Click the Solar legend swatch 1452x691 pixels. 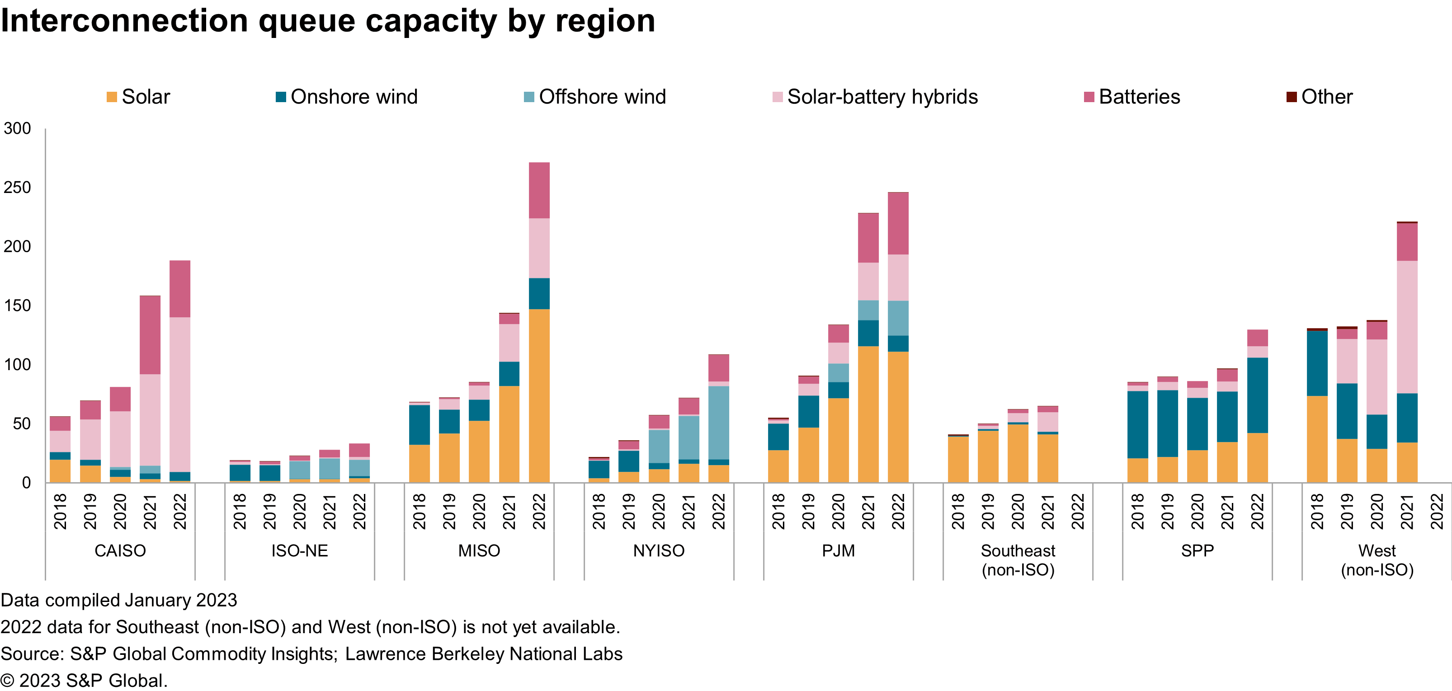coord(112,97)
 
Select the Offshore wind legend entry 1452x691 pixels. coord(602,97)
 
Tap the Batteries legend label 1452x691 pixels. coord(1139,97)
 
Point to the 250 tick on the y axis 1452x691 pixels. coord(18,188)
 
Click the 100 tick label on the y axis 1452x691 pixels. coord(18,365)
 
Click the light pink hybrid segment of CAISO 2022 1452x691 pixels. coord(180,395)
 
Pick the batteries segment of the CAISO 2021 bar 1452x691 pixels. coord(150,335)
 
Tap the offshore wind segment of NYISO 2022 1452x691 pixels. coord(719,423)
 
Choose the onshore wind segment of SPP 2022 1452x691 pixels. coord(1258,395)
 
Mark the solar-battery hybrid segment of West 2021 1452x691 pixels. coord(1407,327)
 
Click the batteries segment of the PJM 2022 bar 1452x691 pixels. coord(898,223)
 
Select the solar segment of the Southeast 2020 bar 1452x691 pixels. coord(1018,453)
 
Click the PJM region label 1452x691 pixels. coord(838,550)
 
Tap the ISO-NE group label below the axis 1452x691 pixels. coord(300,550)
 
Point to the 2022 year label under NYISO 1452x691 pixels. coord(719,511)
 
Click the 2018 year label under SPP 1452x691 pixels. coord(1137,511)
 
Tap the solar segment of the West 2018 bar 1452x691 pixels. coord(1317,439)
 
